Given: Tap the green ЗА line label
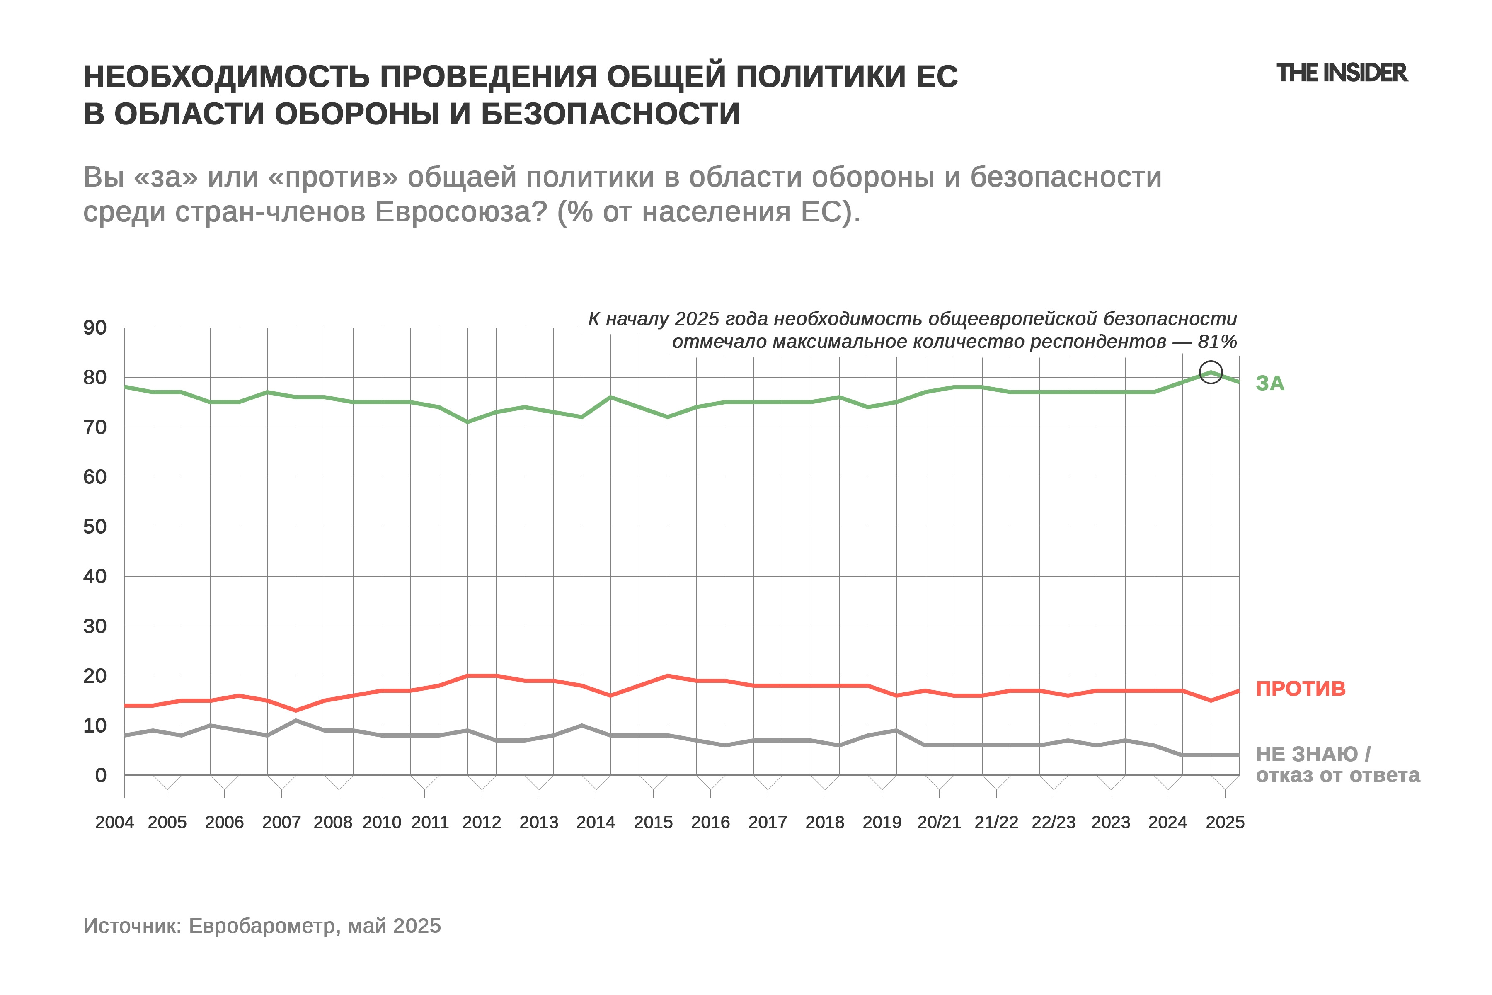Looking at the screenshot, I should (1270, 383).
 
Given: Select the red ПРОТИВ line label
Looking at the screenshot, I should (1301, 689).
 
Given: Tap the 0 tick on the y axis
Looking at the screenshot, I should (100, 775).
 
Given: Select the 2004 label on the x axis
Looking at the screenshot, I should (114, 823).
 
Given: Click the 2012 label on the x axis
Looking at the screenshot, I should (482, 823).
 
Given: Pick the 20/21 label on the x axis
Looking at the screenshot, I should (939, 823).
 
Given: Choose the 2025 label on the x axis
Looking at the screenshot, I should (1225, 823).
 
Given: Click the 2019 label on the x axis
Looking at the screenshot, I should (882, 823).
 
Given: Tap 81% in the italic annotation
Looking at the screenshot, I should (1217, 342).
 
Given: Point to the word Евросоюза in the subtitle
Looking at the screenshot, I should (460, 212).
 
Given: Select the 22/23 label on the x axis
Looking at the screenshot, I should (1054, 823).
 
